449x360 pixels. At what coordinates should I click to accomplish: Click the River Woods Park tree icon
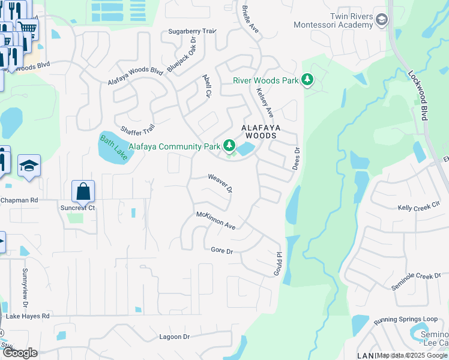307,80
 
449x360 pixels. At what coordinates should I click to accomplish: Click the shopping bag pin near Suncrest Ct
83,192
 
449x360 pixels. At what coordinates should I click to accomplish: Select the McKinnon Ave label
216,220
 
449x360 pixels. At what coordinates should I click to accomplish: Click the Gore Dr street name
221,250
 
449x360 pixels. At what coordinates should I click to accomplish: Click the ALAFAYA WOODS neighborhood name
259,132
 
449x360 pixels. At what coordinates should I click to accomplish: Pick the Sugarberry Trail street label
191,31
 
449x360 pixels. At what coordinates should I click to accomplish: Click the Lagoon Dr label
174,337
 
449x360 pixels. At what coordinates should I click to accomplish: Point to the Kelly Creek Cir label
418,207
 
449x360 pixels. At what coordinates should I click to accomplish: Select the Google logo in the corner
20,353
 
